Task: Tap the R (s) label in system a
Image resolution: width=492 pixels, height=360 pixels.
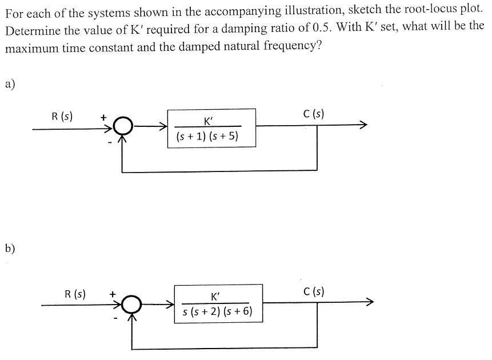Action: [62, 117]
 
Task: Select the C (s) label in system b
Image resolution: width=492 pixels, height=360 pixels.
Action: [314, 291]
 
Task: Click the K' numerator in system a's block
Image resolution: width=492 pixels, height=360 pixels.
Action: [207, 121]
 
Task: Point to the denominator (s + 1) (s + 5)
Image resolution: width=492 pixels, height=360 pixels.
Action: [207, 137]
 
